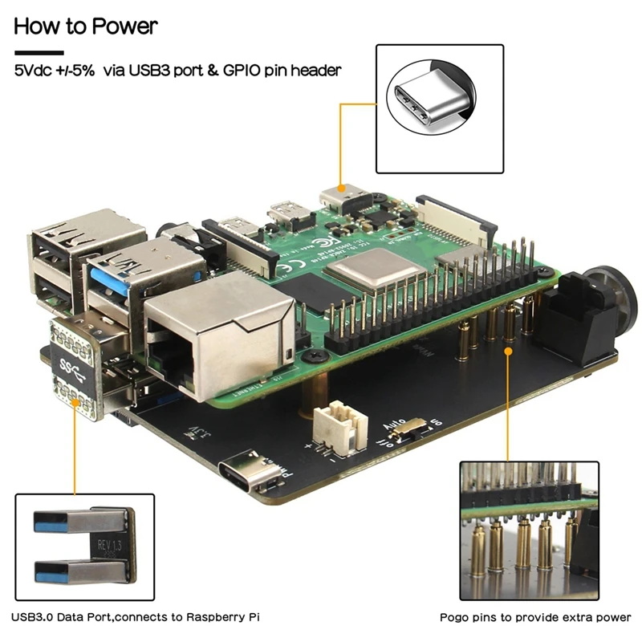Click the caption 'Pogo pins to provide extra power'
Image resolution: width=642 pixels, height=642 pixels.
coord(535,617)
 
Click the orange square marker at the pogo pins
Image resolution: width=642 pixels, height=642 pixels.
coord(507,349)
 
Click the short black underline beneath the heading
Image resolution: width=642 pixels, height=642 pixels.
coord(39,53)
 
